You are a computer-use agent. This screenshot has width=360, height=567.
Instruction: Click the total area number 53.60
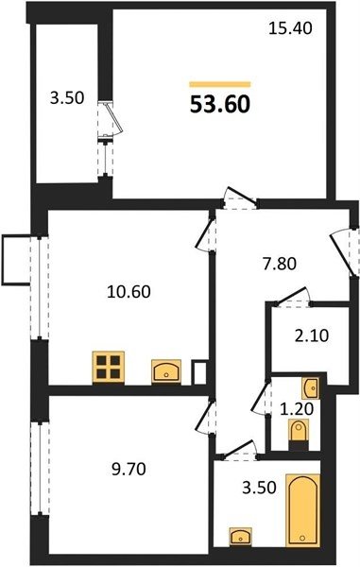[220, 104]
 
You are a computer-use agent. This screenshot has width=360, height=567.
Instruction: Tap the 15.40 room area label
[290, 28]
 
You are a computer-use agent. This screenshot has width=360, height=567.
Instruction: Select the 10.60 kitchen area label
[129, 291]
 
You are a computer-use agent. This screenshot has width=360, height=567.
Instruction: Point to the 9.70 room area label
[129, 470]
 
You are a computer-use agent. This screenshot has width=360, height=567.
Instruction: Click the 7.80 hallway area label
[280, 264]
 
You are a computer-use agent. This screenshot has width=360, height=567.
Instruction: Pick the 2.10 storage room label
[312, 335]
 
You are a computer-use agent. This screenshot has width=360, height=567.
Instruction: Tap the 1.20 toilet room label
[297, 409]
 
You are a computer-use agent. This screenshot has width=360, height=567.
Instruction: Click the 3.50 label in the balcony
[67, 98]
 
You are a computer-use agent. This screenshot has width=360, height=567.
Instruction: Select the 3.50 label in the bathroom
[260, 487]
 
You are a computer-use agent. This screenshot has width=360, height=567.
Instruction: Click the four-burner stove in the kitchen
[109, 367]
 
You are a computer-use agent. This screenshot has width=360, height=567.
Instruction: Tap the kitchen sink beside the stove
[166, 371]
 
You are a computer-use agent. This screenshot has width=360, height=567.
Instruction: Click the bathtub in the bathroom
[303, 510]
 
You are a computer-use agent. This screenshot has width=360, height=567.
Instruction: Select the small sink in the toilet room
[311, 387]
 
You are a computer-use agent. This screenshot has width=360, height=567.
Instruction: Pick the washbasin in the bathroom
[241, 536]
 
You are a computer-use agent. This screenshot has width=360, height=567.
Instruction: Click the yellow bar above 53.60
[220, 85]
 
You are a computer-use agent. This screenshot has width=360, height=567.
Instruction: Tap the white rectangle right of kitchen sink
[199, 372]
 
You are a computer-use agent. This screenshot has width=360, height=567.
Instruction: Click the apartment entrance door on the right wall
[345, 253]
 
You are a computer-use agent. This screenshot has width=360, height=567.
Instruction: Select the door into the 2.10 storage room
[293, 298]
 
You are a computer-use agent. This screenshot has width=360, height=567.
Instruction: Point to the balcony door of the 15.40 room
[111, 119]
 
